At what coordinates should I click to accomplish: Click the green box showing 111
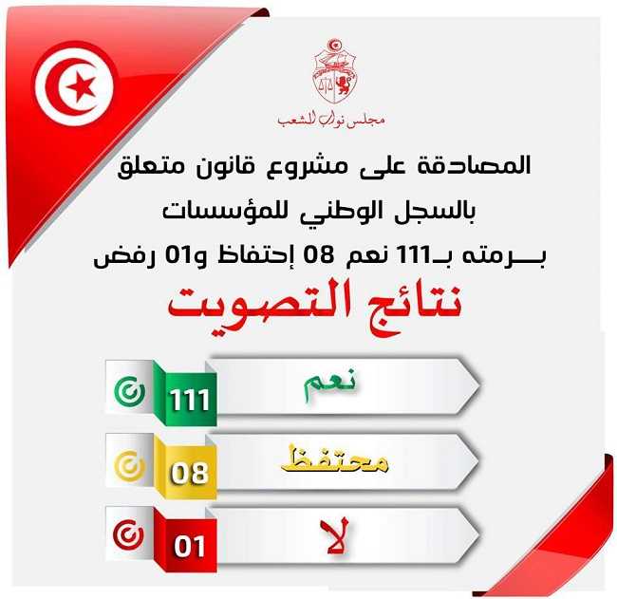189,399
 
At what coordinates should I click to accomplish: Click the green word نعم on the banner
329,384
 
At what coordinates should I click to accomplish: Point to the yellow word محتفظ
335,459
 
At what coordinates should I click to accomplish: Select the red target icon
129,535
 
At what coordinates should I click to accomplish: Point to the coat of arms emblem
335,71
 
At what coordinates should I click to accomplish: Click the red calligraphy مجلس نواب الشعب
331,119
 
